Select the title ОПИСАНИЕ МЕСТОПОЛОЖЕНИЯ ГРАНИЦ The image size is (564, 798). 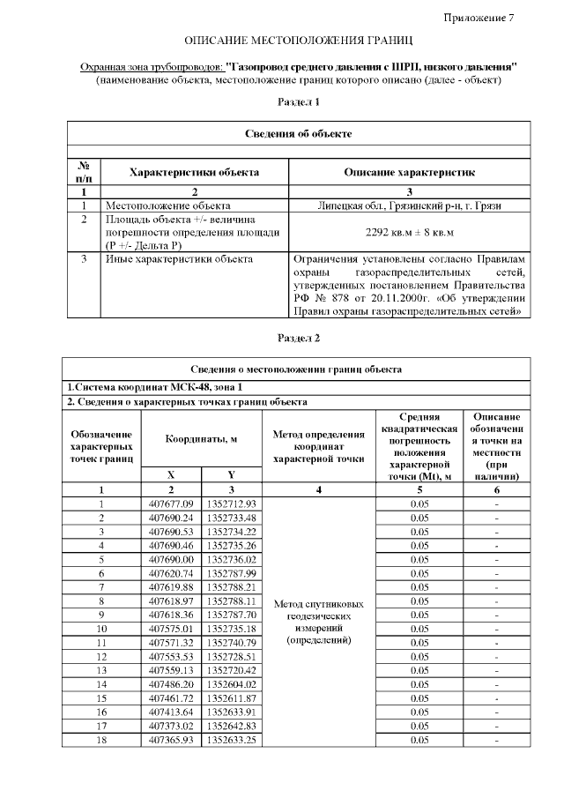(x=298, y=41)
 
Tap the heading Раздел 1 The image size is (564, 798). (x=298, y=102)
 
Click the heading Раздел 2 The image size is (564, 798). (x=298, y=338)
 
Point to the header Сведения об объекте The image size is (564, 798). (x=298, y=133)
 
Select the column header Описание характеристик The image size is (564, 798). (x=409, y=173)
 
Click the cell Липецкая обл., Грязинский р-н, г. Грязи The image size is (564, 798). (x=409, y=205)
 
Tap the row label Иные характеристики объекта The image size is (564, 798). (x=179, y=259)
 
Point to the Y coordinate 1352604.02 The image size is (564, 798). (x=231, y=684)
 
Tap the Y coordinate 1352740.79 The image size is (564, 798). (x=231, y=642)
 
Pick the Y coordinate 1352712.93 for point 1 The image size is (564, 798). (x=231, y=503)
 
